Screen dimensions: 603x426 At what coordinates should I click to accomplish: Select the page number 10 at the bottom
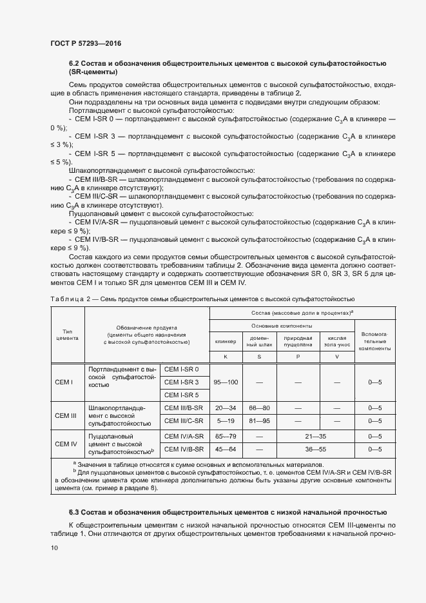click(54, 548)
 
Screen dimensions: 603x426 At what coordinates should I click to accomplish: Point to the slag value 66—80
click(259, 408)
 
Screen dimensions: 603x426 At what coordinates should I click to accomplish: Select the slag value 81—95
click(259, 421)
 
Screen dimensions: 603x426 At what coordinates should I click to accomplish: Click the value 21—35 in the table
click(316, 436)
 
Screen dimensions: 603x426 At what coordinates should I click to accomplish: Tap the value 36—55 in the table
click(316, 449)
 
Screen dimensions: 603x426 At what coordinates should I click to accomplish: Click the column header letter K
click(226, 356)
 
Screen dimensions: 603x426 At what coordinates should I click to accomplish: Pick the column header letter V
click(336, 356)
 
